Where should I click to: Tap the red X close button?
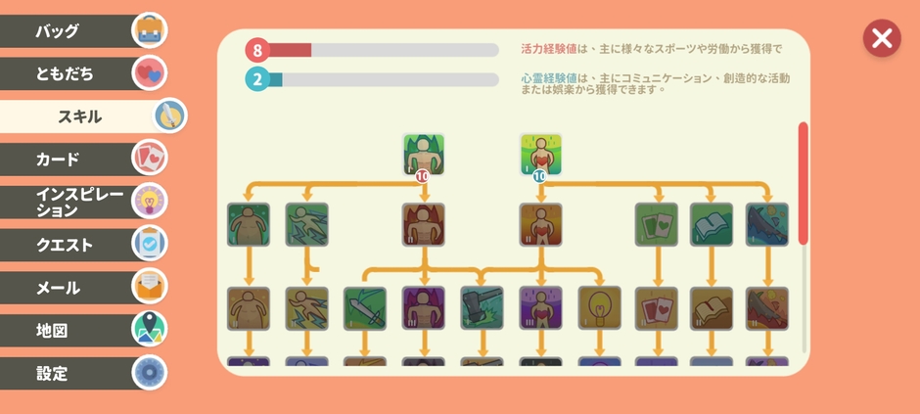click(x=882, y=38)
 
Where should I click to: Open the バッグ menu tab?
click(x=69, y=30)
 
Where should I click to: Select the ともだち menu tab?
click(x=69, y=73)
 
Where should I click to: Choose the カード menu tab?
click(x=69, y=159)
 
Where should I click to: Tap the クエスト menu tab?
click(x=69, y=245)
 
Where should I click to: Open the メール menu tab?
click(x=69, y=288)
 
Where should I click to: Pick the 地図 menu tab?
click(x=69, y=331)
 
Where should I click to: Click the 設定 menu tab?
click(x=69, y=373)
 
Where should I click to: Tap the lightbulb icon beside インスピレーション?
click(x=150, y=201)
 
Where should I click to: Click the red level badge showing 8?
click(x=257, y=50)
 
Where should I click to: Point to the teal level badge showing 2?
click(x=257, y=79)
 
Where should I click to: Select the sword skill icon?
click(x=365, y=307)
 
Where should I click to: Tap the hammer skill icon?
click(x=482, y=307)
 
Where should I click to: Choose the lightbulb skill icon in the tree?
click(x=599, y=307)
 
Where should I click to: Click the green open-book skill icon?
click(x=712, y=224)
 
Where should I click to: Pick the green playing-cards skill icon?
click(x=656, y=224)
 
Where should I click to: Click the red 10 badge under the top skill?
click(x=423, y=176)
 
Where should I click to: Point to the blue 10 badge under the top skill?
click(x=539, y=176)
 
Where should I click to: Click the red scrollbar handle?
click(x=804, y=183)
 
